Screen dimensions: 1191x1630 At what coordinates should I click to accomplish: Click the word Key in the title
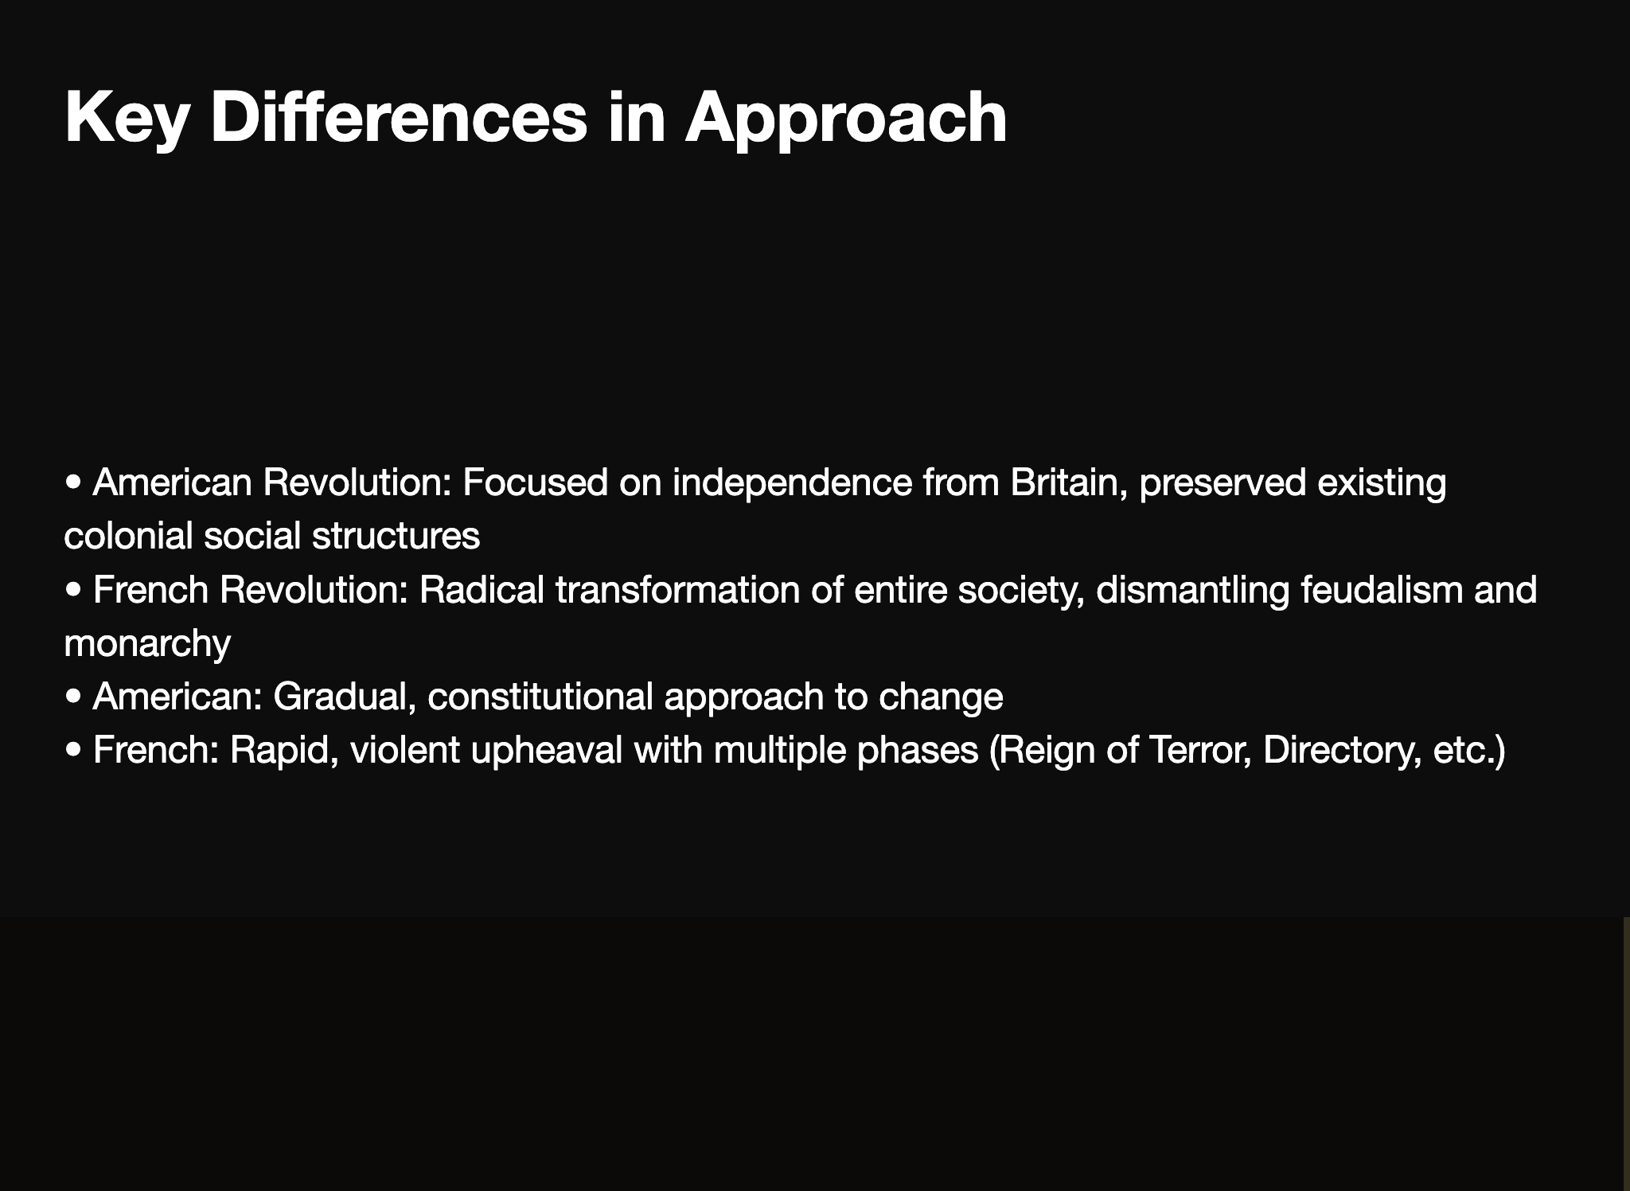(126, 119)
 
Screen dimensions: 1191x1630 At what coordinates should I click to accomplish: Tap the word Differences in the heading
(398, 119)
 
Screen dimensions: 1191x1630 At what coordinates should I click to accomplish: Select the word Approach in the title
(845, 119)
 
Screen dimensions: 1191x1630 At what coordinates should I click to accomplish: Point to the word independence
(792, 482)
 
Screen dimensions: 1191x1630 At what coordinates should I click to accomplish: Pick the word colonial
(128, 536)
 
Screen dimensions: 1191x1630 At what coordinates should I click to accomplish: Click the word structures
(396, 536)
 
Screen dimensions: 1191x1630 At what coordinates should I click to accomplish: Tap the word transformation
(677, 590)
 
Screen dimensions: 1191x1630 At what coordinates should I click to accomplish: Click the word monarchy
(147, 643)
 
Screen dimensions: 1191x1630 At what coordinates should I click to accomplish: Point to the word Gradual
(344, 697)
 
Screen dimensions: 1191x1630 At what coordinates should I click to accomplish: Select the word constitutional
(540, 697)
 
